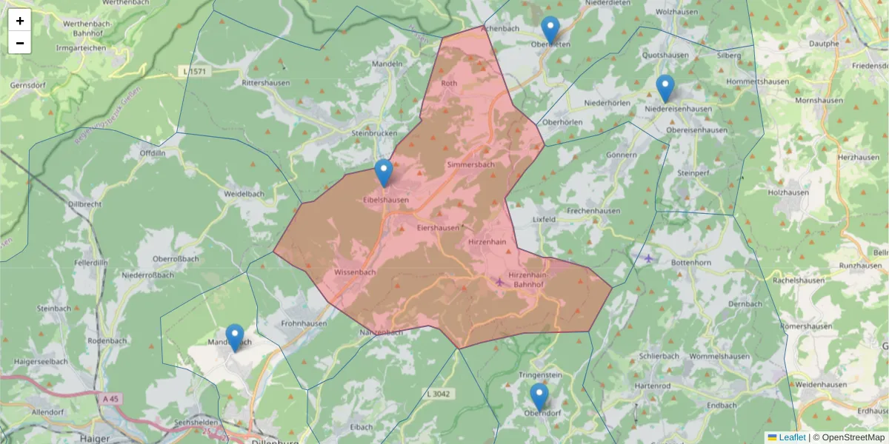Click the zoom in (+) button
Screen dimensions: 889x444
pyautogui.click(x=20, y=21)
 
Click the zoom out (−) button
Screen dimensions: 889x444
pyautogui.click(x=20, y=43)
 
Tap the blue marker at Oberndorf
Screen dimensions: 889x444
pyautogui.click(x=539, y=397)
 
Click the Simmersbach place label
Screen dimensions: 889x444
pyautogui.click(x=470, y=164)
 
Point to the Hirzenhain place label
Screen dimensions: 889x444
pyautogui.click(x=487, y=242)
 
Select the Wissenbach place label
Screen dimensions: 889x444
pyautogui.click(x=356, y=272)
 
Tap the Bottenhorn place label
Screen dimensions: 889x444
pyautogui.click(x=690, y=263)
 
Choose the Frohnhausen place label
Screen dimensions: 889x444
pyautogui.click(x=304, y=324)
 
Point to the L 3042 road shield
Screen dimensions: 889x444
pyautogui.click(x=439, y=394)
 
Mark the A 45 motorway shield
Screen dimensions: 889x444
pyautogui.click(x=110, y=399)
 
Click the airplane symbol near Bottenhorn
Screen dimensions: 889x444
pyautogui.click(x=649, y=258)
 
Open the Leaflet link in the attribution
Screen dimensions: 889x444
pyautogui.click(x=791, y=437)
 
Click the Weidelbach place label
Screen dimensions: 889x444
pyautogui.click(x=244, y=194)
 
